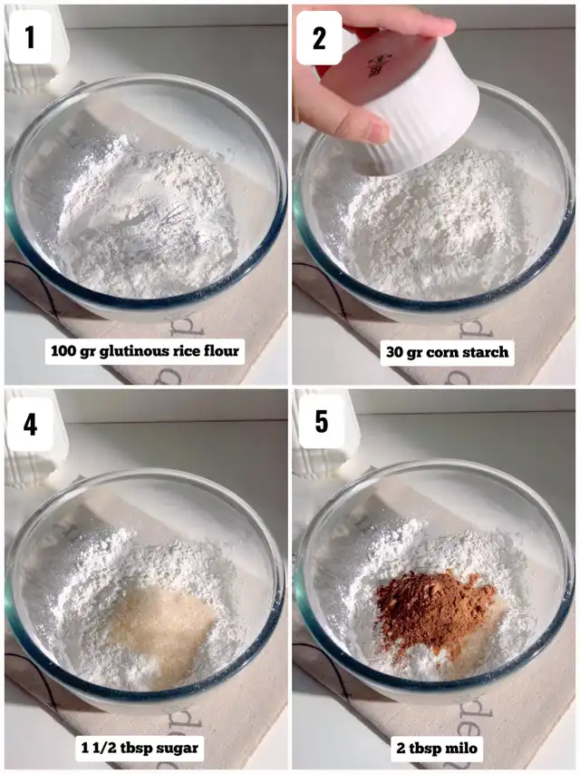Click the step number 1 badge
click(x=30, y=37)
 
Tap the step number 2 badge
click(x=319, y=38)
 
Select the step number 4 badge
click(x=30, y=424)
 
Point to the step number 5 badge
click(x=321, y=421)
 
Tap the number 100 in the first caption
click(x=64, y=351)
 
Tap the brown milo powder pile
click(x=431, y=609)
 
